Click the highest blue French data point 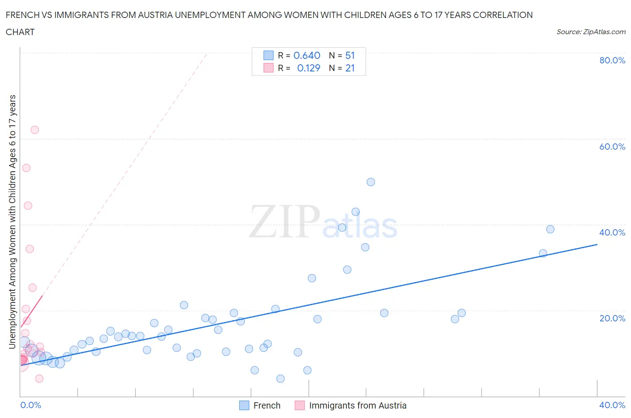click(371, 182)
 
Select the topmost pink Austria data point click(35, 130)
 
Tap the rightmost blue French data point click(550, 229)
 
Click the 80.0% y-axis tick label click(612, 60)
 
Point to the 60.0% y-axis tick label click(612, 147)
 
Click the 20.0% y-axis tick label click(612, 318)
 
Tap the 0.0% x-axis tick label click(31, 405)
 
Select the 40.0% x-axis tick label click(612, 405)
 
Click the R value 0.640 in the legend click(307, 55)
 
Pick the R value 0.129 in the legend click(308, 68)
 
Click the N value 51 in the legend click(350, 55)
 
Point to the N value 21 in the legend click(350, 68)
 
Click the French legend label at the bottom click(267, 405)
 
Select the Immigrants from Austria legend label click(358, 405)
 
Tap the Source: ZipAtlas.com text click(591, 31)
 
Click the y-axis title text click(12, 222)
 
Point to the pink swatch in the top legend click(268, 68)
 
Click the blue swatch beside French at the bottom click(244, 405)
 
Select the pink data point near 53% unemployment click(26, 168)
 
